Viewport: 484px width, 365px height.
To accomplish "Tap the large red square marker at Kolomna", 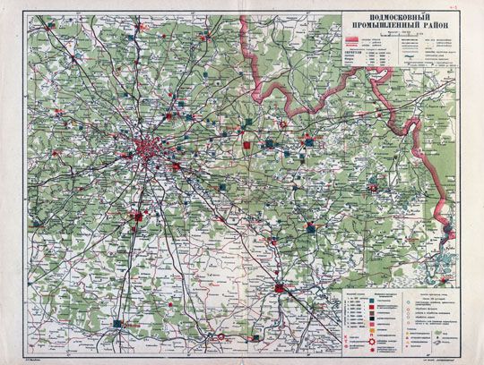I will tap(281, 288).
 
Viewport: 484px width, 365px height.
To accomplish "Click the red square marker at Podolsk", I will tap(137, 215).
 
